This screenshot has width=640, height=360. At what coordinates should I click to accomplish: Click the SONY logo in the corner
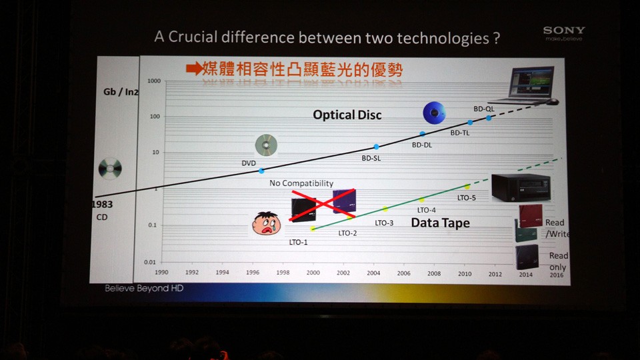point(563,31)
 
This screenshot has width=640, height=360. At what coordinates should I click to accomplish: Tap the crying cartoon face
point(266,223)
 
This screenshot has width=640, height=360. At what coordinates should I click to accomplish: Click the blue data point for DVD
point(261,171)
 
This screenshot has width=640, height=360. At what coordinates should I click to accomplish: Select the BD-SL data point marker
point(376,147)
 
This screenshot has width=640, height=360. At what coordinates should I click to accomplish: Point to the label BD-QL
point(483,109)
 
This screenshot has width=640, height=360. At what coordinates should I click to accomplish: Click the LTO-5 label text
point(467,197)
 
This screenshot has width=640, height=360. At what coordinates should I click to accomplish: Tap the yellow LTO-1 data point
point(313,229)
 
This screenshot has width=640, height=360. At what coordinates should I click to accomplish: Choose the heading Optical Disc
point(347,115)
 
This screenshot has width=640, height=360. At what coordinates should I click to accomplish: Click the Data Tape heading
point(440,223)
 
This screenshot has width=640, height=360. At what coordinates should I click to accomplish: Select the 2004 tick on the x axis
point(373,273)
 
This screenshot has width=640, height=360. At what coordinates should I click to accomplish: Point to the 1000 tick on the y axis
point(153,81)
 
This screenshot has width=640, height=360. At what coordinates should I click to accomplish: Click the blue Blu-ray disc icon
point(435,113)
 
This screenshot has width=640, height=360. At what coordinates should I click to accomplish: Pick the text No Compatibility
point(301,183)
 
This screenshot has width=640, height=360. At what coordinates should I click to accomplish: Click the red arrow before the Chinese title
point(193,69)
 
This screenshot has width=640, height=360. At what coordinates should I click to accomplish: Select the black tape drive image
point(520,187)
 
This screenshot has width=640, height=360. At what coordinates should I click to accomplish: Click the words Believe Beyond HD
point(143,289)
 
